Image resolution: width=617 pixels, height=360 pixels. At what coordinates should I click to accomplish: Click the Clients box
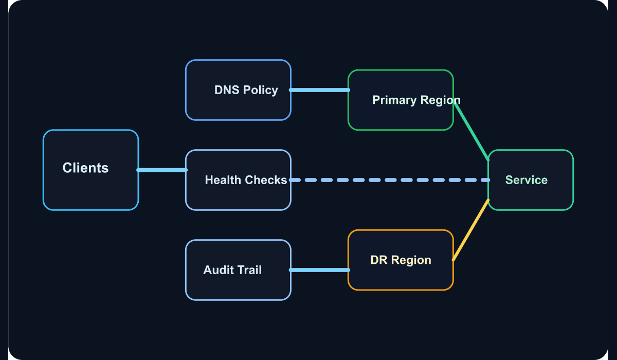coord(90,170)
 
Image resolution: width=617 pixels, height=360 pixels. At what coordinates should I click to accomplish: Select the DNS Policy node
coord(238,90)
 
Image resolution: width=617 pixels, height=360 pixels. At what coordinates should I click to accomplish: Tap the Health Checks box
coord(238,180)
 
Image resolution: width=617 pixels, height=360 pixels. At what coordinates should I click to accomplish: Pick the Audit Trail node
coord(238,270)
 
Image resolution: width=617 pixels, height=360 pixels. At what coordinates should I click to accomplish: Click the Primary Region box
coord(401,100)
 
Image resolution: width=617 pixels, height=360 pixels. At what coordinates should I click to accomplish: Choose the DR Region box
coord(401,260)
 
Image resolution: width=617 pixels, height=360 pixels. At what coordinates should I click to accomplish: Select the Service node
coord(531,180)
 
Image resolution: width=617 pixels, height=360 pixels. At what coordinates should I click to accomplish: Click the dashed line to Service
coord(390,180)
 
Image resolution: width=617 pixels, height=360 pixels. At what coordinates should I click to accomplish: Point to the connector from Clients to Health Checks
coord(162,170)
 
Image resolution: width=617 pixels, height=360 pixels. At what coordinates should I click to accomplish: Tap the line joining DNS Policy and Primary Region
coord(319,90)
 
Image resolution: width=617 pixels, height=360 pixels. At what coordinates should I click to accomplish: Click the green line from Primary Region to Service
coord(471,131)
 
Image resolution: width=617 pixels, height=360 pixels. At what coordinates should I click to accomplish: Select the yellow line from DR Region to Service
coord(471,230)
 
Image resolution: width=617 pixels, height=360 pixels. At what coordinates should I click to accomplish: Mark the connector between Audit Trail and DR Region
coord(319,270)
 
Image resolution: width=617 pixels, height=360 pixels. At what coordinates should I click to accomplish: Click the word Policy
coord(260,91)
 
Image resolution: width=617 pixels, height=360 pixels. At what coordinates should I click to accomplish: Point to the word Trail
coord(250,270)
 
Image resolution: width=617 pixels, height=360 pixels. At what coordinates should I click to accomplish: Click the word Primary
coord(394,100)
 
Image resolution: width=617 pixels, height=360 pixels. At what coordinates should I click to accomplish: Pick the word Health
coord(223,180)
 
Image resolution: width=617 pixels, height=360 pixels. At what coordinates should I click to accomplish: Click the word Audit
coord(219,270)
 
